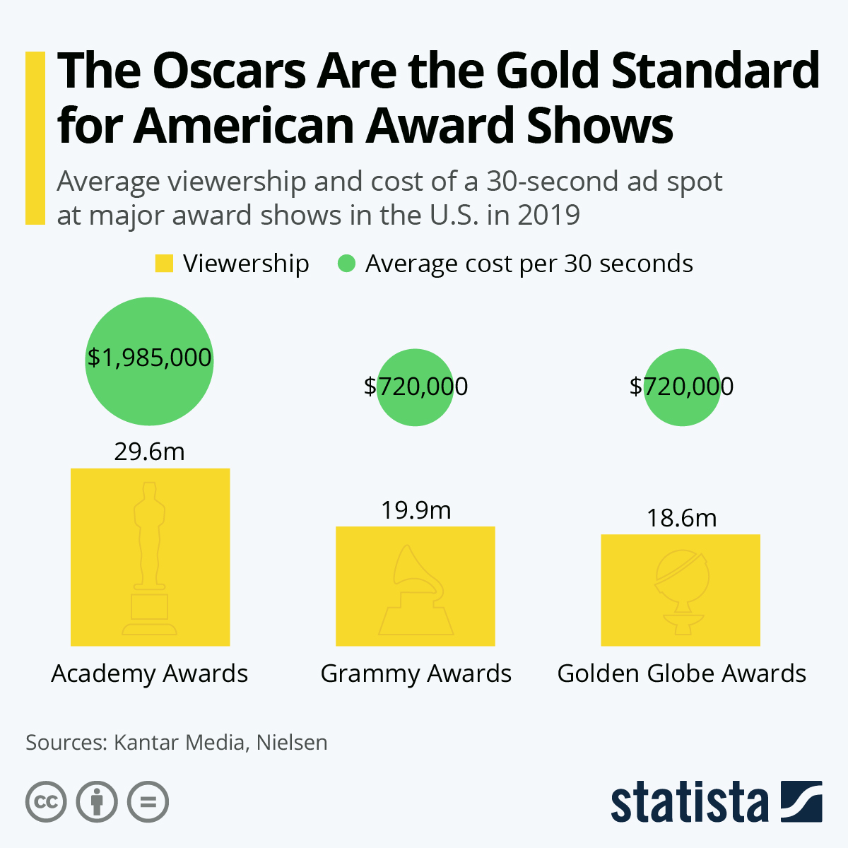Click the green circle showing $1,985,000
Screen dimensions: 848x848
click(x=149, y=361)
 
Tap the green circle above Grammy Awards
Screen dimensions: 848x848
click(x=415, y=387)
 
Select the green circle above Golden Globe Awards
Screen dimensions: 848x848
click(x=682, y=387)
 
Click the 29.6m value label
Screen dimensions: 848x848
click(x=149, y=452)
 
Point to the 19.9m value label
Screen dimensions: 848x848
click(x=416, y=510)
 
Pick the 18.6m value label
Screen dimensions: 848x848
click(x=682, y=518)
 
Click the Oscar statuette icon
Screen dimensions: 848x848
click(x=149, y=558)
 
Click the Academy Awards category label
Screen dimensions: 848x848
click(x=149, y=673)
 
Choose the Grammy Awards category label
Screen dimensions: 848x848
click(x=416, y=673)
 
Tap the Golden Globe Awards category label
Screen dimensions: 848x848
click(x=682, y=673)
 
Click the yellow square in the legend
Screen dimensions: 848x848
click(x=164, y=264)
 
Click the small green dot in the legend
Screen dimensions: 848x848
click(x=346, y=264)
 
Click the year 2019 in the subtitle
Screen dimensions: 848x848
click(x=548, y=215)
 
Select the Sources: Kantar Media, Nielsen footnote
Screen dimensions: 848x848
click(x=177, y=743)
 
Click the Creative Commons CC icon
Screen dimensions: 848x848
click(x=46, y=802)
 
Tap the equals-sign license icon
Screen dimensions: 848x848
click(x=148, y=802)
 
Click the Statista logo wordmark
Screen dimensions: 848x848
click(x=689, y=802)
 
